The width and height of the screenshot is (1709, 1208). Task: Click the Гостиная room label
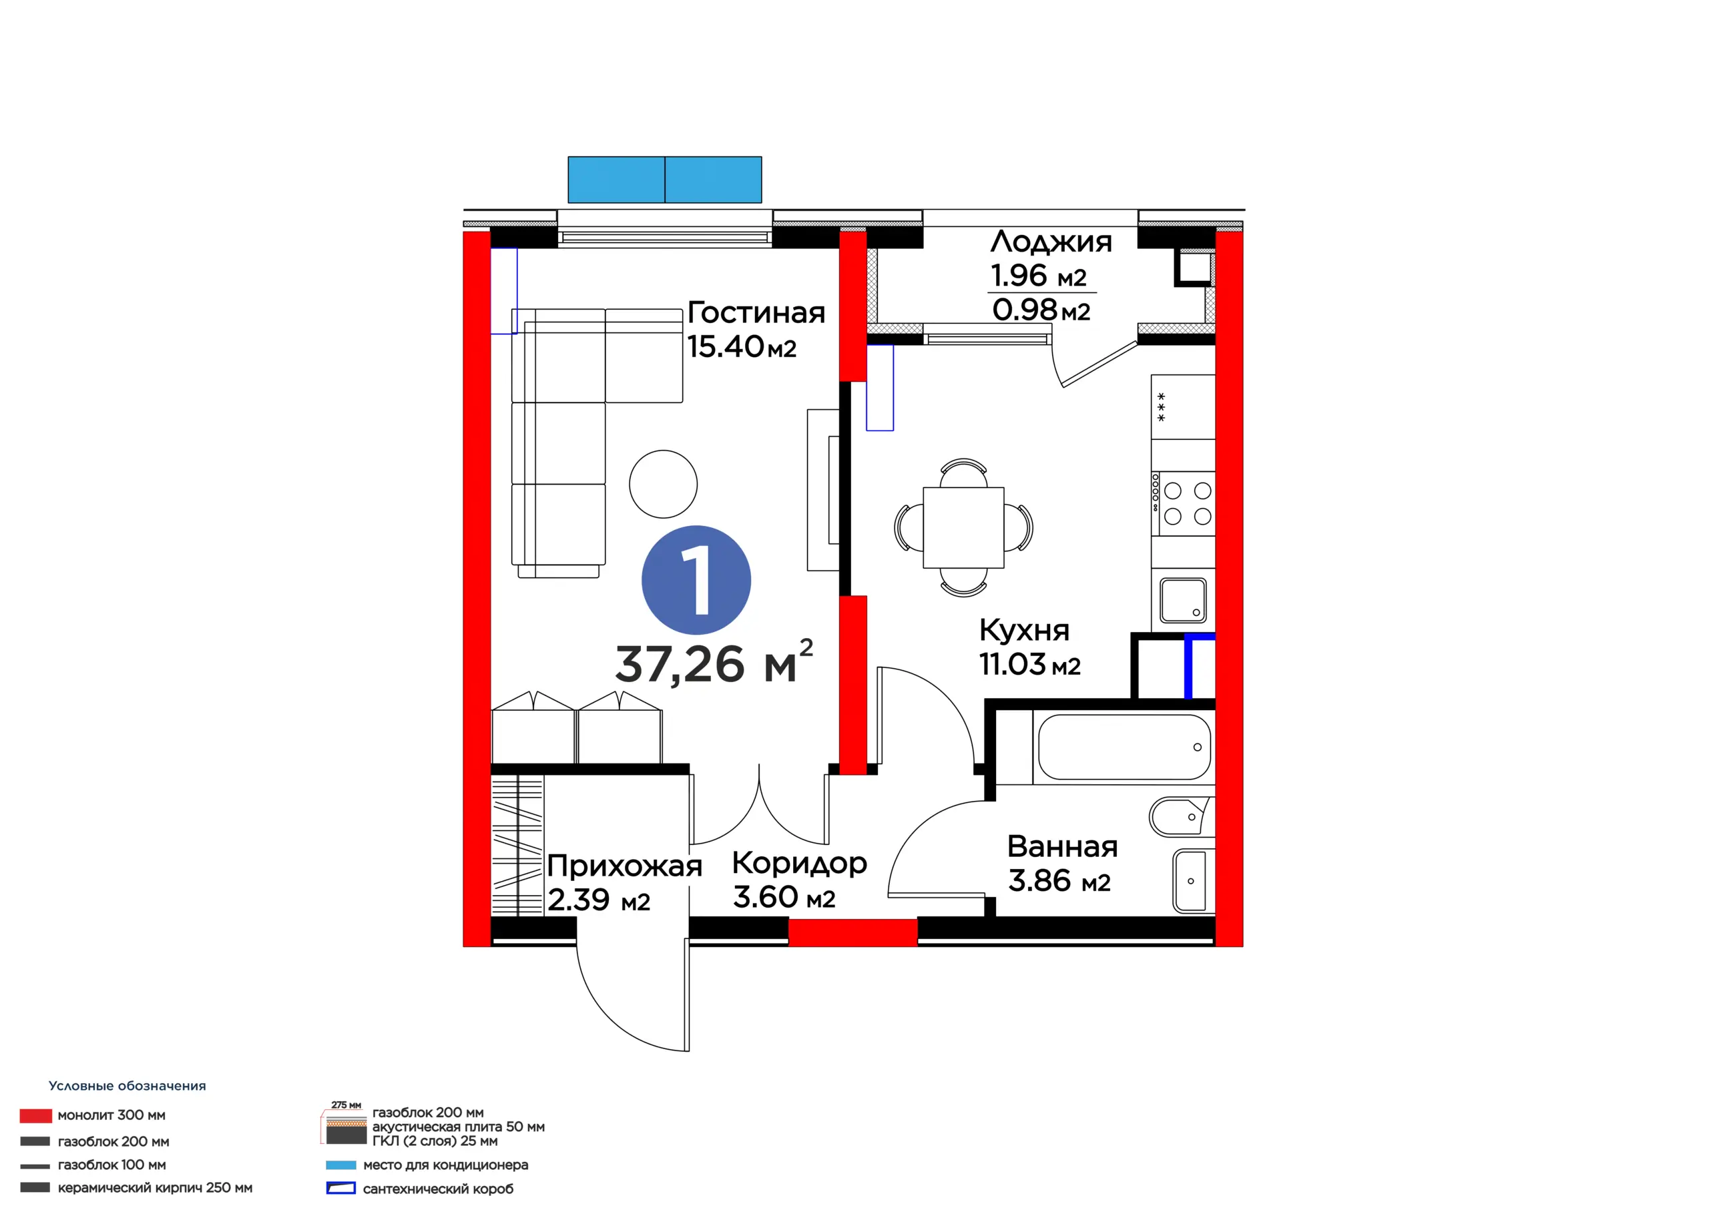pos(756,312)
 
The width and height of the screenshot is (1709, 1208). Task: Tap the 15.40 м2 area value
pos(742,347)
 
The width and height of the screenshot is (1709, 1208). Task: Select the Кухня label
pos(1024,631)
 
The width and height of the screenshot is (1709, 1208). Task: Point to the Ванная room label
pos(1062,847)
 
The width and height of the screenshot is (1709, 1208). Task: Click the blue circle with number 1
pos(696,580)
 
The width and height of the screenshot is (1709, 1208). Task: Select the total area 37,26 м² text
pos(714,661)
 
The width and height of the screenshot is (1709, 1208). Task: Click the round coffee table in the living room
pos(663,484)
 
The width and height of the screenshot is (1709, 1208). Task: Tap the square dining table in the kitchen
pos(963,528)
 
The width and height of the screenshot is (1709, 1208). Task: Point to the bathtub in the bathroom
pos(1124,747)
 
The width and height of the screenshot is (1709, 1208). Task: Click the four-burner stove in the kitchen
pos(1184,503)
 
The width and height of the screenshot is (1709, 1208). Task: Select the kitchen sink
pos(1184,600)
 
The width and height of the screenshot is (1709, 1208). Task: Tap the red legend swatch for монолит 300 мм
pos(36,1115)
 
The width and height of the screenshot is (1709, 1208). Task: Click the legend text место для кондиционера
pos(445,1165)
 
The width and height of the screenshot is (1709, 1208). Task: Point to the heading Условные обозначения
pos(128,1086)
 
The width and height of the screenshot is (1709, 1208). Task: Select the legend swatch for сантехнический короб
pos(341,1188)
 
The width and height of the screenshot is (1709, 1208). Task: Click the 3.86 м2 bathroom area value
pos(1059,881)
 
